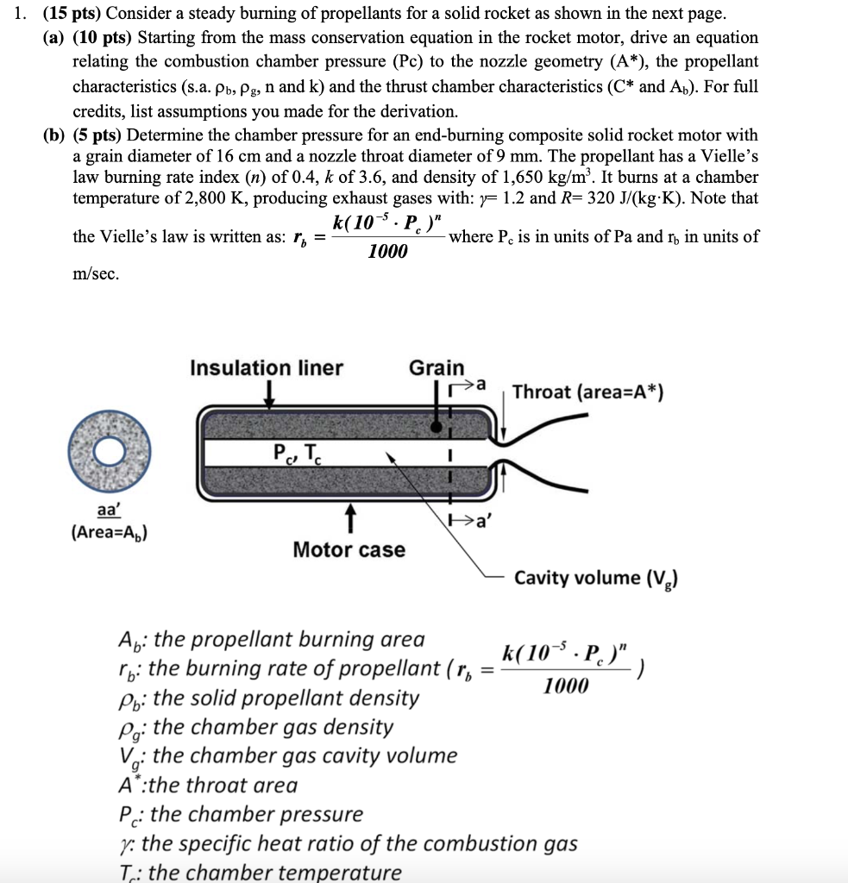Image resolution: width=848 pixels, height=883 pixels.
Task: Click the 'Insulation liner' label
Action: pos(267,368)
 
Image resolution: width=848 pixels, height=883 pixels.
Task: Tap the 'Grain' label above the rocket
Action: pos(437,368)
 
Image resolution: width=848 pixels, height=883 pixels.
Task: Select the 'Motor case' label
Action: pos(349,549)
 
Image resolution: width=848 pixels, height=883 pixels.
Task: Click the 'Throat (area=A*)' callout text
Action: pos(587,392)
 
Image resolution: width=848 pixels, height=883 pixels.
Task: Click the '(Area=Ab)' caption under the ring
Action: pos(109,532)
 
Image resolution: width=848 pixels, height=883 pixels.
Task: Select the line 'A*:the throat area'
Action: pos(207,785)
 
